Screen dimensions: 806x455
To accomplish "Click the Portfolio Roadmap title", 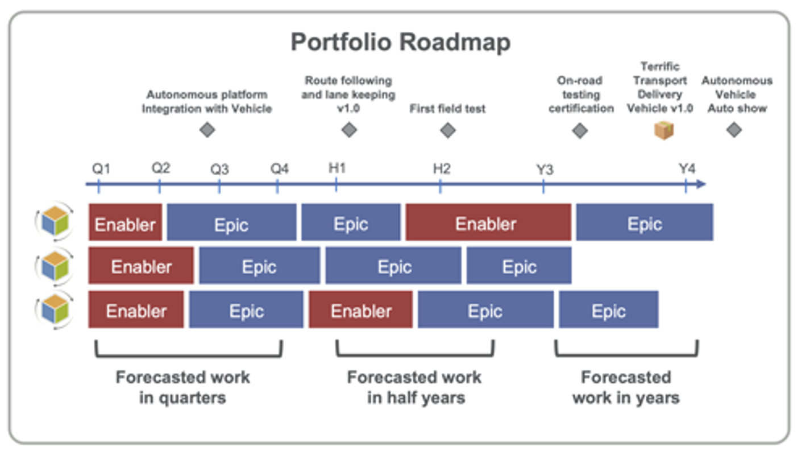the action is (401, 43).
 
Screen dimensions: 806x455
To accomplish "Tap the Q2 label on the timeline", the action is (160, 168).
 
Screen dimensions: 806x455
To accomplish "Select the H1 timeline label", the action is (337, 168).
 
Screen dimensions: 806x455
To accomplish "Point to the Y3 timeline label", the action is (545, 169).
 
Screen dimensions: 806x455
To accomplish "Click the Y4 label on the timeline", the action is (687, 168).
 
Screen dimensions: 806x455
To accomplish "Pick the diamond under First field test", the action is (448, 130).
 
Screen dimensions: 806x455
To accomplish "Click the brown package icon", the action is (664, 130).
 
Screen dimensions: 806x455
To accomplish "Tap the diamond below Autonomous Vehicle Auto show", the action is (734, 130).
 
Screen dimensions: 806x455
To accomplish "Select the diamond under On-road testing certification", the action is (580, 131).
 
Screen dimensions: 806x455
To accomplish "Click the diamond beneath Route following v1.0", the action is (349, 130).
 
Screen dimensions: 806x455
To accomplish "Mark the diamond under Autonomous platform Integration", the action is (207, 130).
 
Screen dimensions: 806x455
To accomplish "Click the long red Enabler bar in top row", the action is (488, 222).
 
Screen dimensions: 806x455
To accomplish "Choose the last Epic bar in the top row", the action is (645, 222).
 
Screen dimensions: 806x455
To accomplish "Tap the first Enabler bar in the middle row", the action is (141, 265).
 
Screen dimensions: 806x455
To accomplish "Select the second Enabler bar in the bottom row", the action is (360, 309).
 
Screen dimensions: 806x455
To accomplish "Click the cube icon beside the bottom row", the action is (55, 309).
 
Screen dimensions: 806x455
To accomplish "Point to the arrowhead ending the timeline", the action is (701, 184).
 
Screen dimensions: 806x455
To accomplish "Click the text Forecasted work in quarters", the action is (183, 387).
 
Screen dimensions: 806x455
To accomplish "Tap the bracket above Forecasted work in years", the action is (626, 355).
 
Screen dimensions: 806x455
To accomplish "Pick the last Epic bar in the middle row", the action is (519, 265).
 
